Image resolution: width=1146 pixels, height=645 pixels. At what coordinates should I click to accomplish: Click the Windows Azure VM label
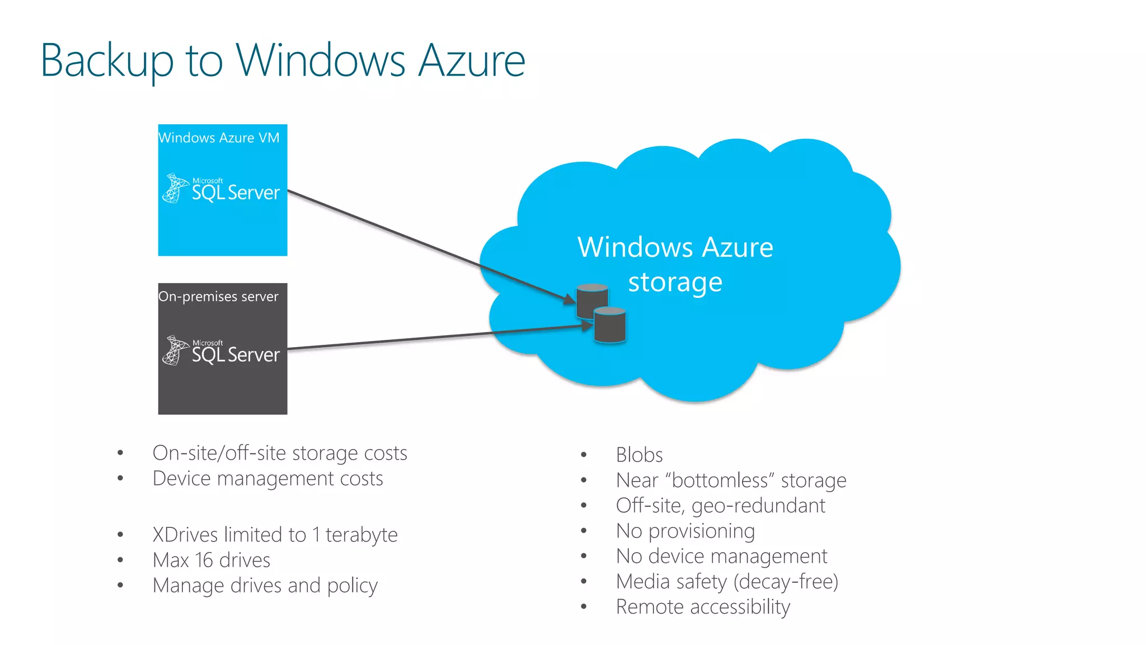click(219, 138)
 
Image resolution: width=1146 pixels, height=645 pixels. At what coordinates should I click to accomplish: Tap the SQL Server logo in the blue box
click(222, 189)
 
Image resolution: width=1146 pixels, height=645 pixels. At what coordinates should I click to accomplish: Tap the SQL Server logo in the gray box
click(222, 352)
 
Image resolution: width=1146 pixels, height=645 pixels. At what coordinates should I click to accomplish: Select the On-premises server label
click(218, 296)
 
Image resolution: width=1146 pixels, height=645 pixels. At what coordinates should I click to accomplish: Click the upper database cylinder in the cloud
click(591, 300)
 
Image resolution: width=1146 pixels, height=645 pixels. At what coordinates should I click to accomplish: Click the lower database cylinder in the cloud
click(609, 325)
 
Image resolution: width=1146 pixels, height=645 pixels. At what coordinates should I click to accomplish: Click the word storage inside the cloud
click(675, 282)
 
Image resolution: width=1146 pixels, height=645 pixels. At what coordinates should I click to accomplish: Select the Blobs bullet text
click(639, 455)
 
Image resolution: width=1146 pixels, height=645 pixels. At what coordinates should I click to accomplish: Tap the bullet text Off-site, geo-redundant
click(720, 506)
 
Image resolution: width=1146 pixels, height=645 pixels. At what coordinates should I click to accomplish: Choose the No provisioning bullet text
click(685, 531)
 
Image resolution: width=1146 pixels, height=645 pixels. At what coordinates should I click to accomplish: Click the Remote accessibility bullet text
click(703, 607)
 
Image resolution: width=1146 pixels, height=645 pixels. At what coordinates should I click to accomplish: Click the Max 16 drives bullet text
click(212, 560)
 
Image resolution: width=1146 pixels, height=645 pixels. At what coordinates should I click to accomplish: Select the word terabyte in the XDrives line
click(361, 535)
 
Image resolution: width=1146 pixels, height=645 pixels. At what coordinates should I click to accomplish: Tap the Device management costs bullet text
click(267, 479)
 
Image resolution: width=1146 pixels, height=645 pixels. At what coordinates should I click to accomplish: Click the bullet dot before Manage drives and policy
click(120, 585)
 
